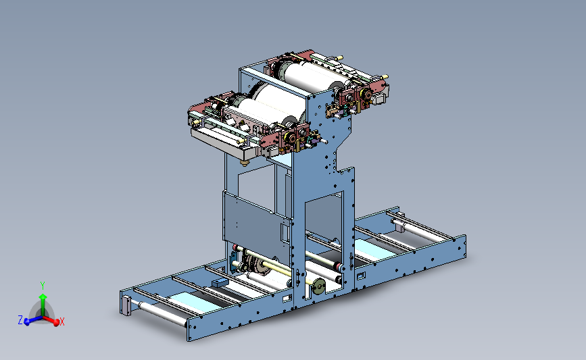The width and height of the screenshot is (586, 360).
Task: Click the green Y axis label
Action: [x=43, y=286]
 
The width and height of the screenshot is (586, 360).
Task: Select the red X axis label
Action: [x=62, y=322]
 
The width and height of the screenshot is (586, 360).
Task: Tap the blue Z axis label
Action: [x=20, y=319]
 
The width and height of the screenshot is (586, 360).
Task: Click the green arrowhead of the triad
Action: [x=43, y=297]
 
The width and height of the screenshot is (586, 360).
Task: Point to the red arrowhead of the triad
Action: [x=56, y=322]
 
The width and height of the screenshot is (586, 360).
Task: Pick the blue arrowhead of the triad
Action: [x=27, y=322]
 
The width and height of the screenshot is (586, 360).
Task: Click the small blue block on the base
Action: [x=220, y=282]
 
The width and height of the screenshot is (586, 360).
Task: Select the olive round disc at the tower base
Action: [x=319, y=286]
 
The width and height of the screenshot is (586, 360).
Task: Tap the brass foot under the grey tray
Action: [x=245, y=163]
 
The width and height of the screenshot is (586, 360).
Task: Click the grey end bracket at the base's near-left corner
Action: [x=126, y=305]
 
